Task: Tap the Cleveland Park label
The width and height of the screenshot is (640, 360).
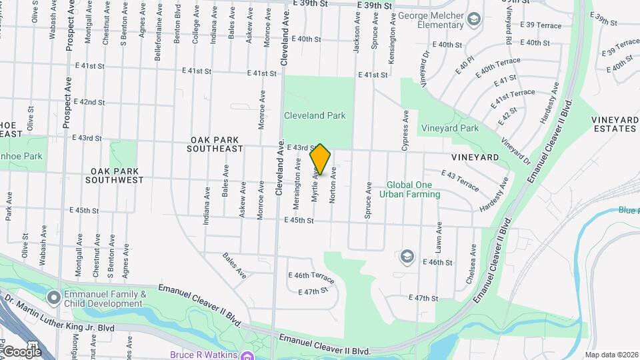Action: coord(315,115)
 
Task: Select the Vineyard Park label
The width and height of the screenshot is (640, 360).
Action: coord(449,128)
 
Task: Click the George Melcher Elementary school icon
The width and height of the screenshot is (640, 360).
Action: coord(474,17)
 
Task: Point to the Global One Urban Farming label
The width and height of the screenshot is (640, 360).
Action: coord(410,189)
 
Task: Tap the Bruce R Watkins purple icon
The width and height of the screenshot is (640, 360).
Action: coord(247,355)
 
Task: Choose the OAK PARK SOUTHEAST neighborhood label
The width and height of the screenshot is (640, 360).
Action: coord(217,144)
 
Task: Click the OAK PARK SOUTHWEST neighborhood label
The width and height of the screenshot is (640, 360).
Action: coord(115,175)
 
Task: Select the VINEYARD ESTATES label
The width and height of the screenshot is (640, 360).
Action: coord(614,124)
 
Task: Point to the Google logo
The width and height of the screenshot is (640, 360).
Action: coord(21,351)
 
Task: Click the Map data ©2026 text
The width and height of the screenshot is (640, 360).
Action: coord(611,355)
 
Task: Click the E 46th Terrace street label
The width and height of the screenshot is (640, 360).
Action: coord(311,275)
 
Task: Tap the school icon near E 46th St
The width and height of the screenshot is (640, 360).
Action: coord(407,256)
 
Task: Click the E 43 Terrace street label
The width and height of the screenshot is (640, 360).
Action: coord(460,180)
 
